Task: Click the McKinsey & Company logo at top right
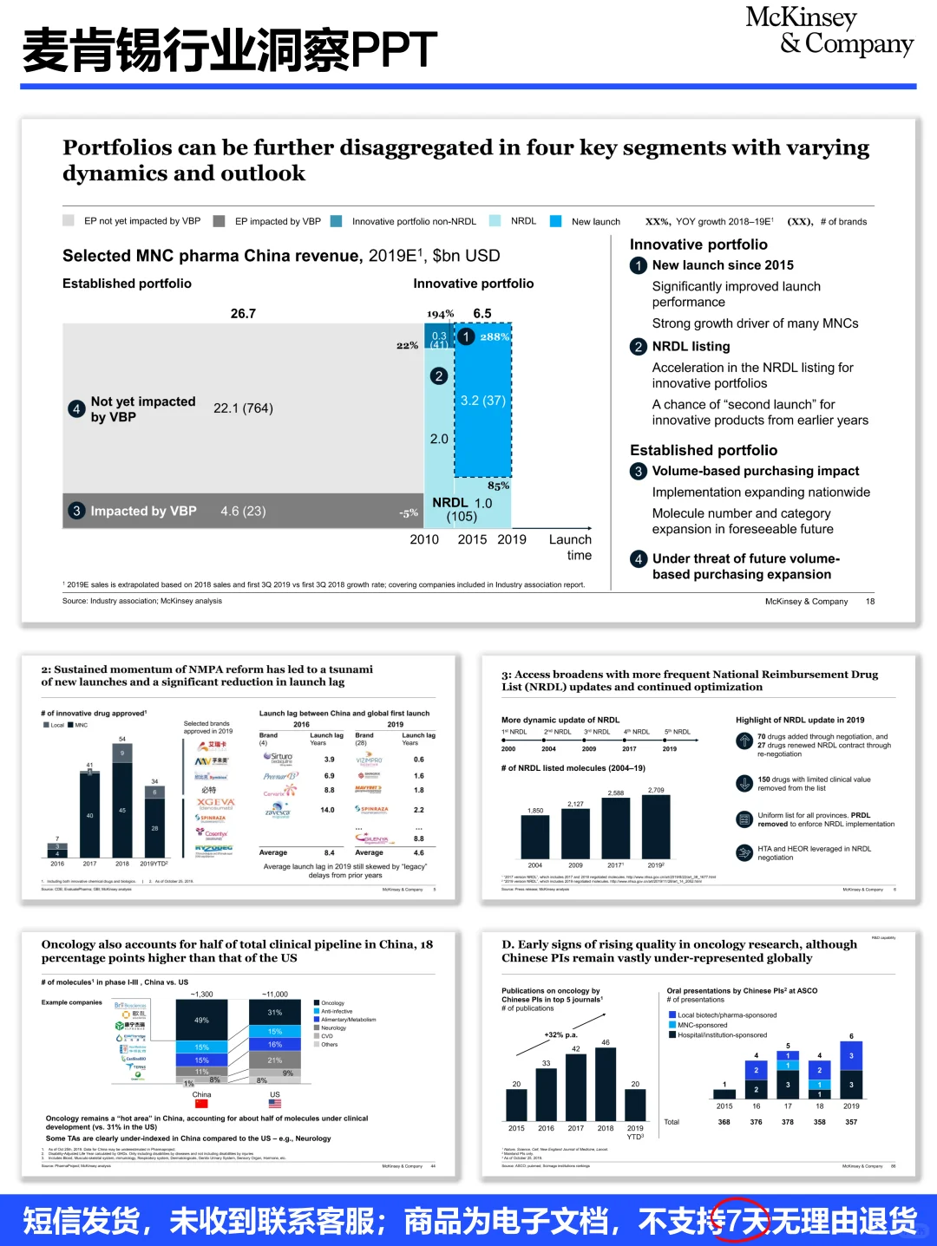829,31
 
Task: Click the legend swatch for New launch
556,221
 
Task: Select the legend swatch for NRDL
495,221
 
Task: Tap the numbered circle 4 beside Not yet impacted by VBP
76,408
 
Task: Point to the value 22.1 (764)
243,408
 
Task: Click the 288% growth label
495,336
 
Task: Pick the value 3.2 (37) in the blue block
482,401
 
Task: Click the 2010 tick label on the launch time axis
424,539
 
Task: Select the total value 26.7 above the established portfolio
243,314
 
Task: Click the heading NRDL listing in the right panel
691,346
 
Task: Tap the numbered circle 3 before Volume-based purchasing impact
639,472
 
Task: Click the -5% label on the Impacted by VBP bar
408,512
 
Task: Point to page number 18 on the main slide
869,601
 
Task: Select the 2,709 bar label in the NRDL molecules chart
656,790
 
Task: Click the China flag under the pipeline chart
201,1104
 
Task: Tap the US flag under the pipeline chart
275,1104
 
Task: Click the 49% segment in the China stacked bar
201,1020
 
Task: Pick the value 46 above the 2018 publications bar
606,1042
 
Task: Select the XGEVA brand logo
215,803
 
